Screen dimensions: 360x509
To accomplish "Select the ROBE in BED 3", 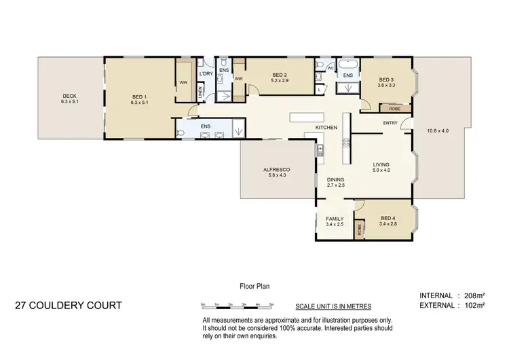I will click(394, 108).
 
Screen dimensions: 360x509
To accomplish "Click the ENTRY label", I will click(390, 123).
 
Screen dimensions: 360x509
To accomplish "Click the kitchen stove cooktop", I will click(345, 143).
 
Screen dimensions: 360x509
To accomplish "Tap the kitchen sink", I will click(320, 150).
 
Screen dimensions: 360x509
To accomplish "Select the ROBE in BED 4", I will click(359, 230).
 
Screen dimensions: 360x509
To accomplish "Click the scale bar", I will click(236, 304).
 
